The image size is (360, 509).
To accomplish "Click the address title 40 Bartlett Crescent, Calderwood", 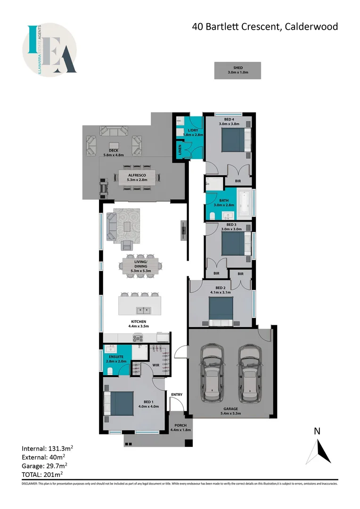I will (265, 27).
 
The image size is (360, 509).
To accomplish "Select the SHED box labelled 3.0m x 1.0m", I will (237, 71).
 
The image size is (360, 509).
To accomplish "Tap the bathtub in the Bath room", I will (244, 200).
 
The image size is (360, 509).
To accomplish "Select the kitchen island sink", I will (142, 310).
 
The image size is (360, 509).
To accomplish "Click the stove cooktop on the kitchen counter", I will (139, 337).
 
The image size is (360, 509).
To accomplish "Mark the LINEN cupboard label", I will (180, 150).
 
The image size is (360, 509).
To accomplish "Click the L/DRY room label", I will (193, 130).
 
